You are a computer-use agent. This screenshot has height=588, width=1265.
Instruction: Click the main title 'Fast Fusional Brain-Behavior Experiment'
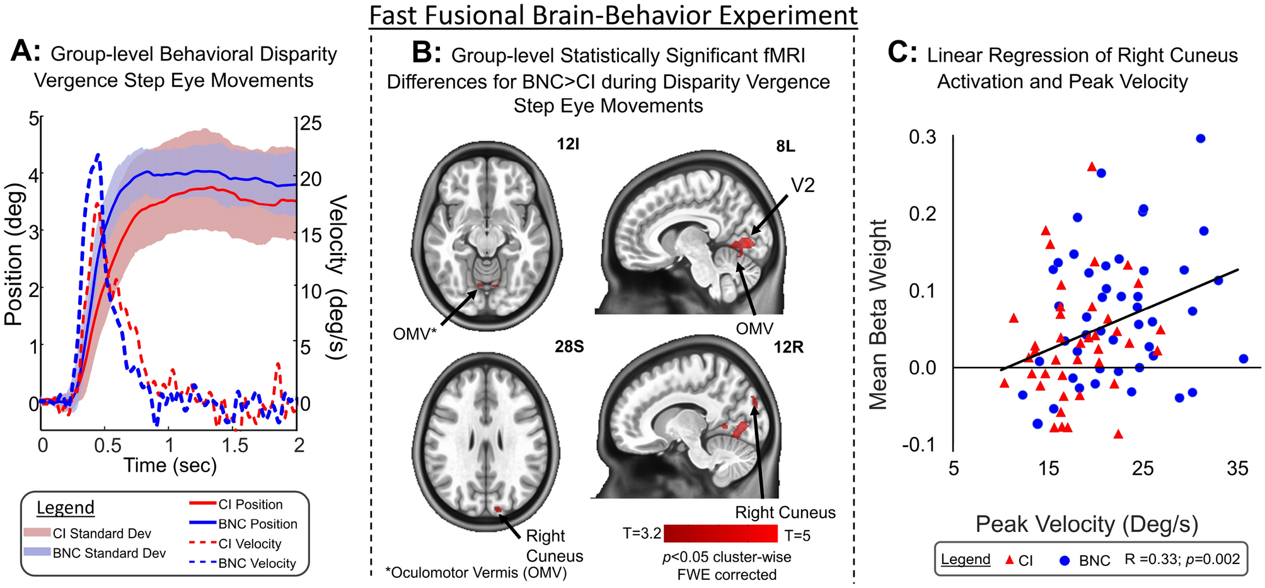pyautogui.click(x=613, y=15)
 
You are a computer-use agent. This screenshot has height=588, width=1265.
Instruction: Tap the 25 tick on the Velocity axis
pyautogui.click(x=309, y=123)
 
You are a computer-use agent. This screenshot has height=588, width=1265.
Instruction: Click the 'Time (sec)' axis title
pyautogui.click(x=170, y=466)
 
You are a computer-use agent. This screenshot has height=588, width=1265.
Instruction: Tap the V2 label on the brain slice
pyautogui.click(x=802, y=185)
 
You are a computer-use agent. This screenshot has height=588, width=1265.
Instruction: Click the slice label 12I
pyautogui.click(x=567, y=144)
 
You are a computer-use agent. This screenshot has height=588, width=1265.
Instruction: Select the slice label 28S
pyautogui.click(x=569, y=347)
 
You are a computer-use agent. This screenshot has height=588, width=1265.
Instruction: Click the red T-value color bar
pyautogui.click(x=720, y=534)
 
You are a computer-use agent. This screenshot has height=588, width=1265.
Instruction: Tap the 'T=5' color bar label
pyautogui.click(x=797, y=536)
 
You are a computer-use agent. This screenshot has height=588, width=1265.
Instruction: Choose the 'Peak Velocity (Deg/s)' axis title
pyautogui.click(x=1087, y=524)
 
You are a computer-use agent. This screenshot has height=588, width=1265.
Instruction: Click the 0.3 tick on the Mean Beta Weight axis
pyautogui.click(x=922, y=137)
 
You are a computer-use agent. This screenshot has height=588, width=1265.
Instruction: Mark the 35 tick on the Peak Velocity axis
pyautogui.click(x=1237, y=468)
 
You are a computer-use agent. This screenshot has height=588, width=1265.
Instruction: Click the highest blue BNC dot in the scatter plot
pyautogui.click(x=1200, y=139)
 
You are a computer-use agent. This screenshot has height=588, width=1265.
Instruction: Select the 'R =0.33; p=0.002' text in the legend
pyautogui.click(x=1182, y=559)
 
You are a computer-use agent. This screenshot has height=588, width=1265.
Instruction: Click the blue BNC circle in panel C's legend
pyautogui.click(x=1066, y=560)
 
